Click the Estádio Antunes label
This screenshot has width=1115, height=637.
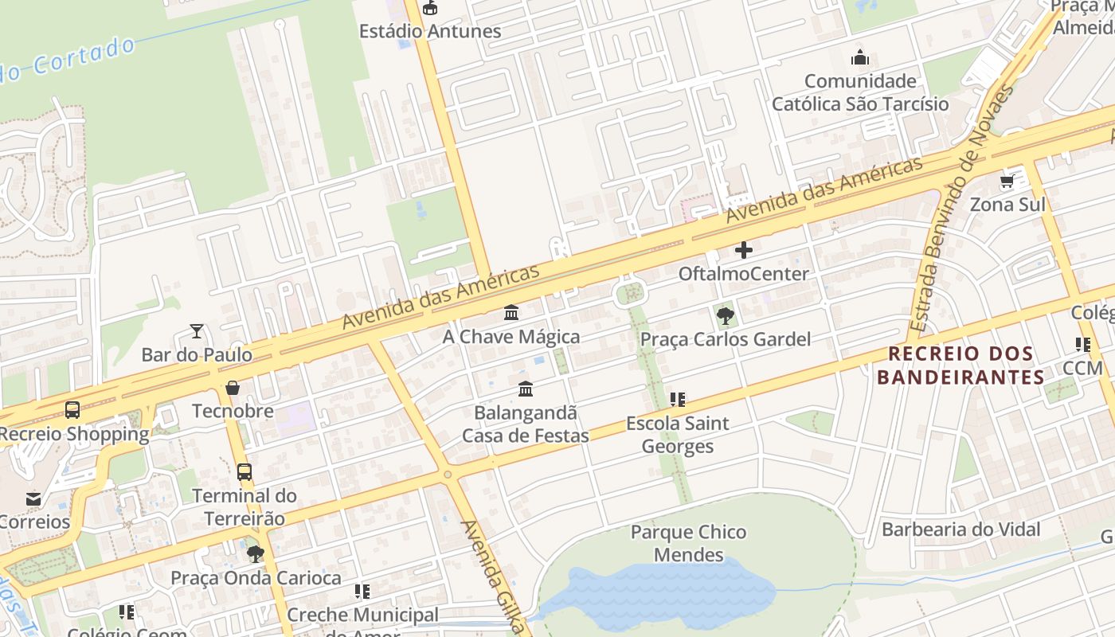[x=430, y=32]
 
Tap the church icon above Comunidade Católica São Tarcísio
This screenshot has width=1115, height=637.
[x=859, y=57]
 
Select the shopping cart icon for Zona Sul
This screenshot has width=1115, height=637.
[x=1007, y=182]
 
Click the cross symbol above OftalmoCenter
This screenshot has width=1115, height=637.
[x=743, y=250]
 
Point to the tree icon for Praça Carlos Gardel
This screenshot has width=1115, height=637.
[x=725, y=317]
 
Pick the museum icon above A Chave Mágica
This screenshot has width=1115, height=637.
[x=511, y=313]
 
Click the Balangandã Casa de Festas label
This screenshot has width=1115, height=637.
[x=526, y=424]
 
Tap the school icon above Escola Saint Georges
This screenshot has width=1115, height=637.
[x=677, y=400]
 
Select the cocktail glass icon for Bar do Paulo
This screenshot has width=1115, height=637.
[x=197, y=330]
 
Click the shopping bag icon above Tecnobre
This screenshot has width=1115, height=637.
[x=233, y=388]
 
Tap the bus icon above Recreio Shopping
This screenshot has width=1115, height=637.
[x=72, y=410]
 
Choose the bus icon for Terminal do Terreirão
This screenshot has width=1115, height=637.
[x=245, y=471]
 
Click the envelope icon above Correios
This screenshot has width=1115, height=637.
[x=33, y=499]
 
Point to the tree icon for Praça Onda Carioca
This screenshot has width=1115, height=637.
[x=255, y=553]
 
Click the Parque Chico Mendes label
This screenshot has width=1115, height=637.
[x=688, y=543]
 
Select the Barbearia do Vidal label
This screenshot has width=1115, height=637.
[x=960, y=530]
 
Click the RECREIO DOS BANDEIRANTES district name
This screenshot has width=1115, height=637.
[x=960, y=365]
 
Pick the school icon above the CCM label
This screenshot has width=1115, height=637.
[x=1082, y=345]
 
